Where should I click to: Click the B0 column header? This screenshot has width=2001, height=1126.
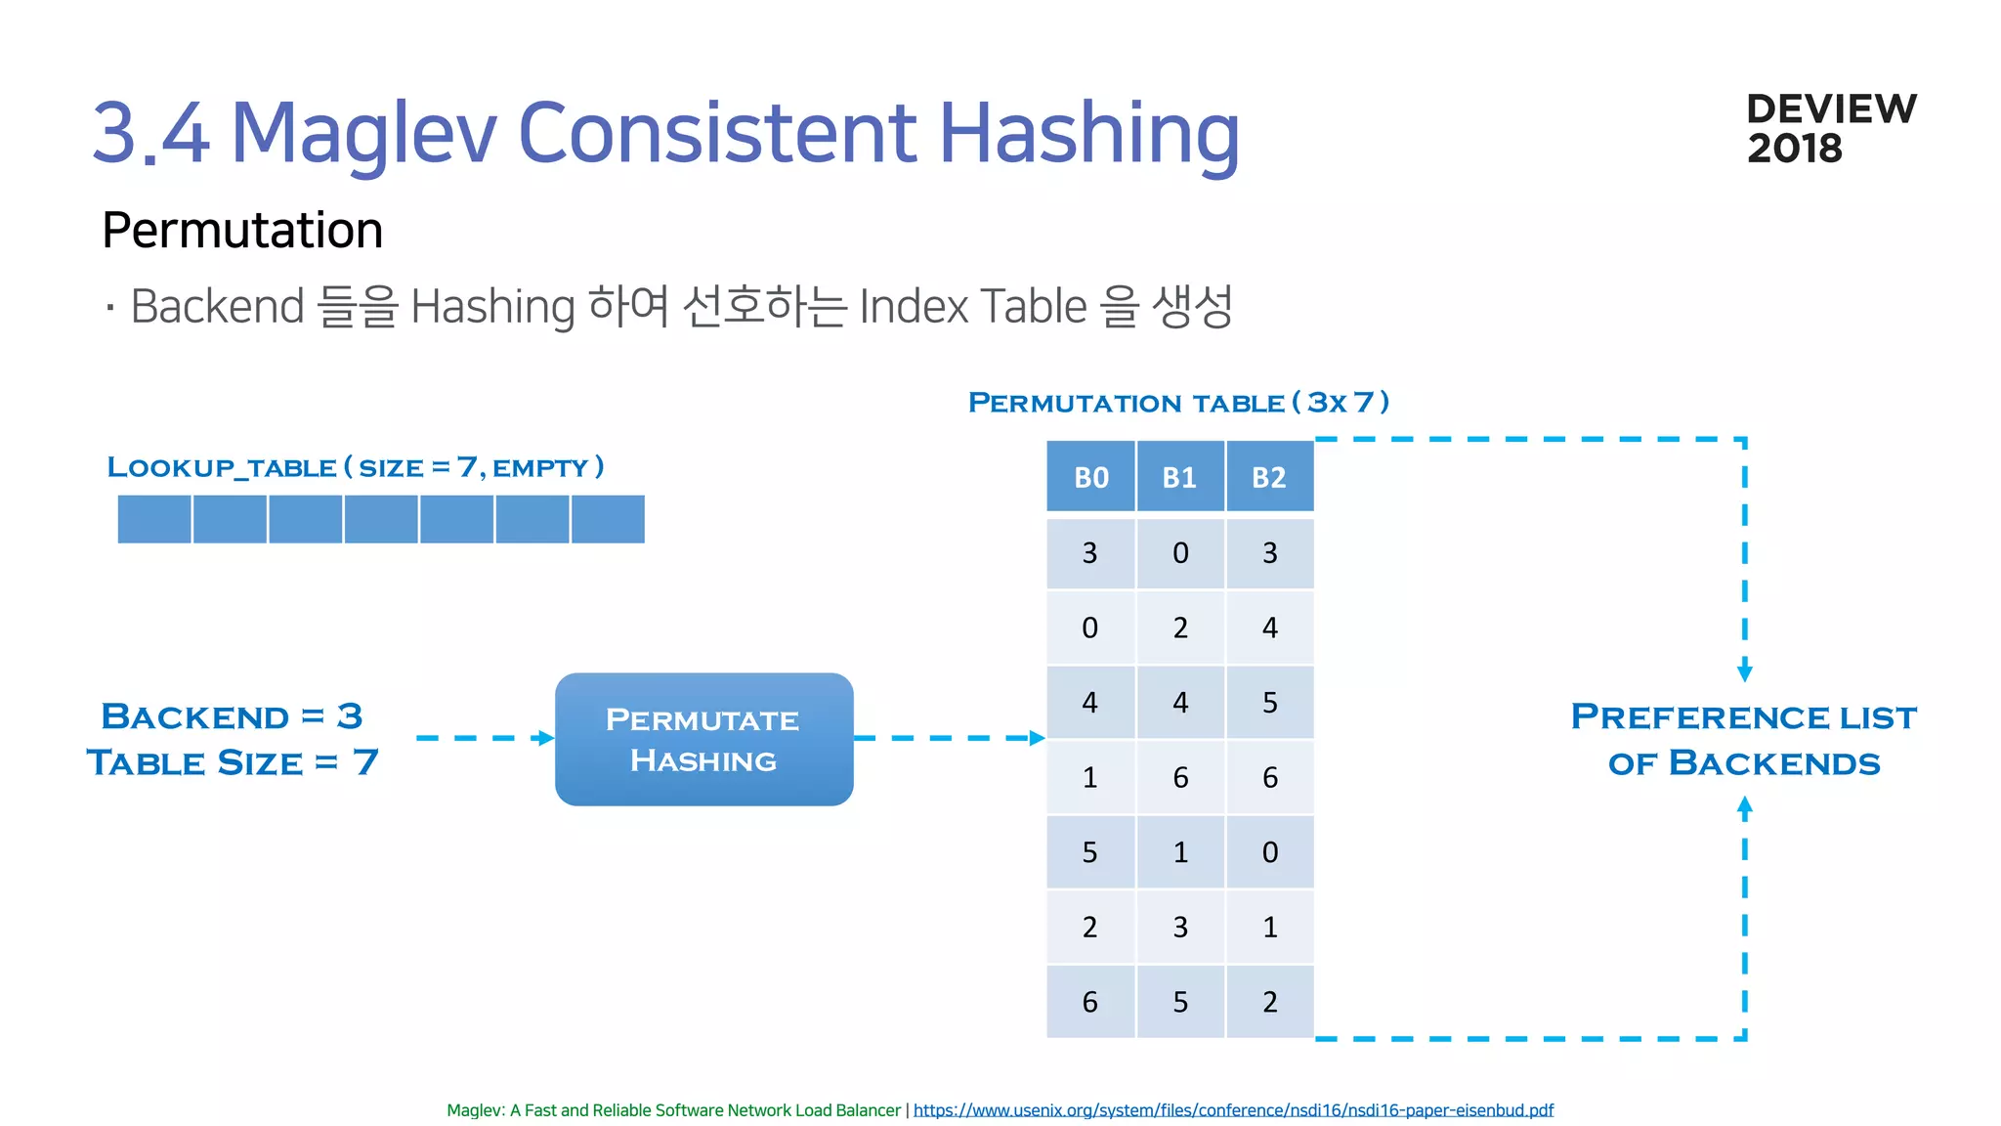point(1090,477)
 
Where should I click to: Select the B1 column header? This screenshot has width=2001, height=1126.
point(1179,477)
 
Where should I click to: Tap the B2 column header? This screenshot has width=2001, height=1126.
point(1269,477)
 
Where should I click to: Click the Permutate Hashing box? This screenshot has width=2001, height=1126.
point(703,739)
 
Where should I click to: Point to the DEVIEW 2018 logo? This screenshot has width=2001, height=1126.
point(1830,128)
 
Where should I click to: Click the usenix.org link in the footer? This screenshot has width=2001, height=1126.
point(1233,1110)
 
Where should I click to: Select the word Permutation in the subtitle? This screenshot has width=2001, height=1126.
point(242,231)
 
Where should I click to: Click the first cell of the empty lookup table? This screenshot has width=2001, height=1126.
point(154,519)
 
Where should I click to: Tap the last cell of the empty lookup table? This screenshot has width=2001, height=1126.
point(608,519)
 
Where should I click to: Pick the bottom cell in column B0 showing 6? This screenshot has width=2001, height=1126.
point(1090,1002)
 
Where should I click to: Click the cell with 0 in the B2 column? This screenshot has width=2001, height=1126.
point(1269,852)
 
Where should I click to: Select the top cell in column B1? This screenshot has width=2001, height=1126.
point(1179,553)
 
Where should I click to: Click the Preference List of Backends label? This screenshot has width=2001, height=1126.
point(1744,740)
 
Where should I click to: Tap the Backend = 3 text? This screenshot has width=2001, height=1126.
point(232,716)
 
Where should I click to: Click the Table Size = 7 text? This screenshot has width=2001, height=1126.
point(232,762)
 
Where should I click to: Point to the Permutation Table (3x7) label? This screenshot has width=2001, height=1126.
point(1178,403)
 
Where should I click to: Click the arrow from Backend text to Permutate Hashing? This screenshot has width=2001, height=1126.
point(485,738)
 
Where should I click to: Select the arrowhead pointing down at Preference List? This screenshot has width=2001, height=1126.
point(1745,672)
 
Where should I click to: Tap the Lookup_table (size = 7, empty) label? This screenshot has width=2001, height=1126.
point(356,467)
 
